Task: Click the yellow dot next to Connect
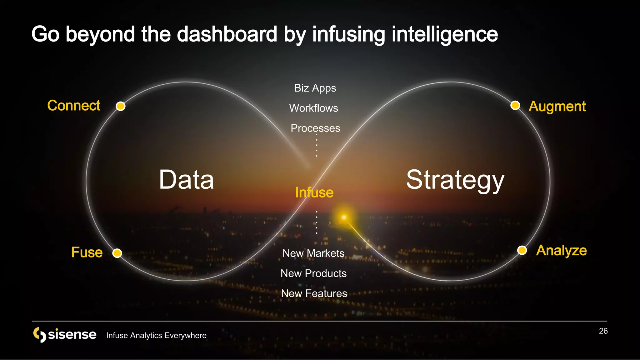click(x=121, y=106)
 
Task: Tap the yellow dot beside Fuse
click(x=117, y=253)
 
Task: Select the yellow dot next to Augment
click(x=515, y=105)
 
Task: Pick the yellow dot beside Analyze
click(x=522, y=250)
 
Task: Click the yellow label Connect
click(x=74, y=106)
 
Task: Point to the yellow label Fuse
click(x=87, y=252)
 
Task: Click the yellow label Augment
click(x=557, y=107)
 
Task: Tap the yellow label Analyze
click(x=561, y=251)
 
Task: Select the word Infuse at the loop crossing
click(x=314, y=192)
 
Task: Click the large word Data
click(x=186, y=180)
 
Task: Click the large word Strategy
click(x=455, y=180)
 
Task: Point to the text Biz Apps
click(x=315, y=88)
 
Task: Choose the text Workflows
click(x=313, y=108)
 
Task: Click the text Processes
click(x=315, y=128)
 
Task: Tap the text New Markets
click(x=313, y=253)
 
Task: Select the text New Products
click(x=313, y=273)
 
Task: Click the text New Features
click(x=314, y=293)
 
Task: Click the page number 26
click(x=603, y=331)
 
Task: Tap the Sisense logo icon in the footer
click(x=40, y=335)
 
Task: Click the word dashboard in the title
click(x=227, y=34)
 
